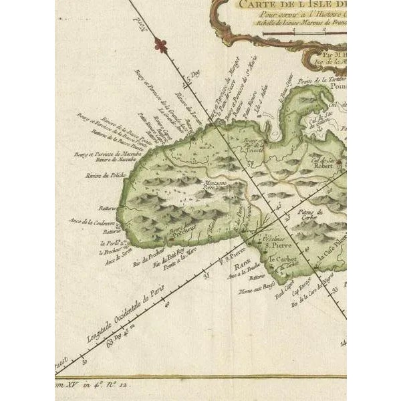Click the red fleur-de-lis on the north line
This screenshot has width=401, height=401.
158,45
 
